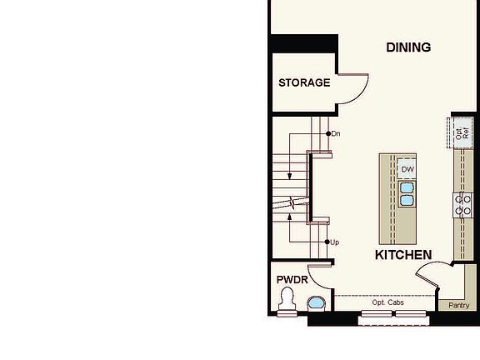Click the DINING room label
(408, 47)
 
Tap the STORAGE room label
(304, 82)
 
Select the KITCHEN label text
(403, 255)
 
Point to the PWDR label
(292, 280)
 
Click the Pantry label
(458, 305)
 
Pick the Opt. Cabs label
(387, 302)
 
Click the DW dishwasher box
(407, 169)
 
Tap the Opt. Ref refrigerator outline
(460, 132)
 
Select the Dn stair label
(336, 134)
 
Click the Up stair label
(335, 242)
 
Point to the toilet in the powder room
(287, 301)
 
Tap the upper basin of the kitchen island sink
(407, 187)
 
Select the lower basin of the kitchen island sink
(407, 200)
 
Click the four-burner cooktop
(462, 205)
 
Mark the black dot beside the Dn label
(328, 134)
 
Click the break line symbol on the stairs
(292, 203)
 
